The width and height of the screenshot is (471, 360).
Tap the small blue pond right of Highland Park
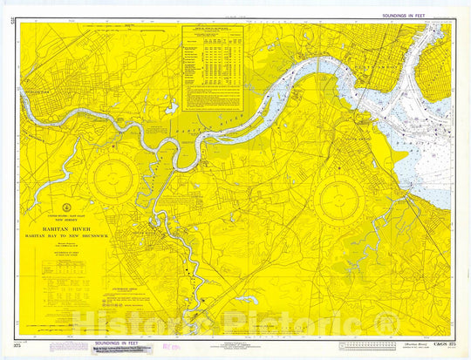pyautogui.click(x=171, y=107)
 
